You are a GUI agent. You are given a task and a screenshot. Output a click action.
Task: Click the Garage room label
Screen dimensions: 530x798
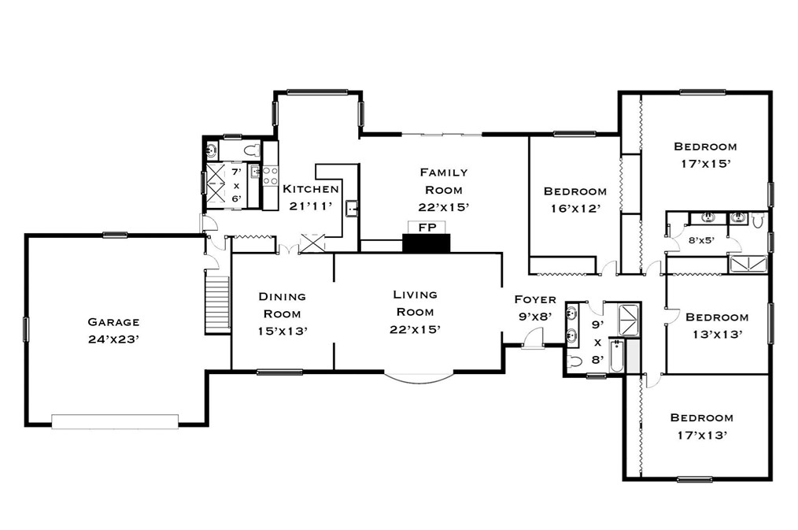click(x=113, y=321)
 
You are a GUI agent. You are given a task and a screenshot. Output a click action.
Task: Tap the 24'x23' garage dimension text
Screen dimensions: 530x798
click(x=113, y=340)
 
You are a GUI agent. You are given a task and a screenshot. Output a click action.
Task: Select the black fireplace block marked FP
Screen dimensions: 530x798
click(x=425, y=243)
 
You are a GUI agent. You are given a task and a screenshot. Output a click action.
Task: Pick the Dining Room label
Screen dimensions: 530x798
click(x=283, y=305)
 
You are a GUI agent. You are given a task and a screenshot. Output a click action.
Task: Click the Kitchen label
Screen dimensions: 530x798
click(x=311, y=189)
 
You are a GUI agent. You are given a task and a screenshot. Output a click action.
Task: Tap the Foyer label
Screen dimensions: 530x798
click(x=534, y=299)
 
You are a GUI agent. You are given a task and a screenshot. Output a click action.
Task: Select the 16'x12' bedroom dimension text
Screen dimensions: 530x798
click(x=574, y=209)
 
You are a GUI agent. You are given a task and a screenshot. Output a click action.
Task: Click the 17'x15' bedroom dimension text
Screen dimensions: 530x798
click(x=705, y=164)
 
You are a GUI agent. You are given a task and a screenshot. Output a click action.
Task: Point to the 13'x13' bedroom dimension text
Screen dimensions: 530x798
click(x=716, y=334)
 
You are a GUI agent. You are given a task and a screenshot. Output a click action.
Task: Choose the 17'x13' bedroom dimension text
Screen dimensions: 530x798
click(x=701, y=435)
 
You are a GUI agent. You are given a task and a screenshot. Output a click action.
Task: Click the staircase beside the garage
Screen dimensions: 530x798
click(x=216, y=305)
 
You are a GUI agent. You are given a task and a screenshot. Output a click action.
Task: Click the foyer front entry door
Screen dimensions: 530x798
click(x=534, y=340)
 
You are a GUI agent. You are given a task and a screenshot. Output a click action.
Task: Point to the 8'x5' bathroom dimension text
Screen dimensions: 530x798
click(x=701, y=241)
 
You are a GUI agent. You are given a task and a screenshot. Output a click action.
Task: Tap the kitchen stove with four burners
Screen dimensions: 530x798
click(x=270, y=176)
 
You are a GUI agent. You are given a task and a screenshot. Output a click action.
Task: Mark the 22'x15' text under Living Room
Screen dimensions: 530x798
click(x=415, y=329)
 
